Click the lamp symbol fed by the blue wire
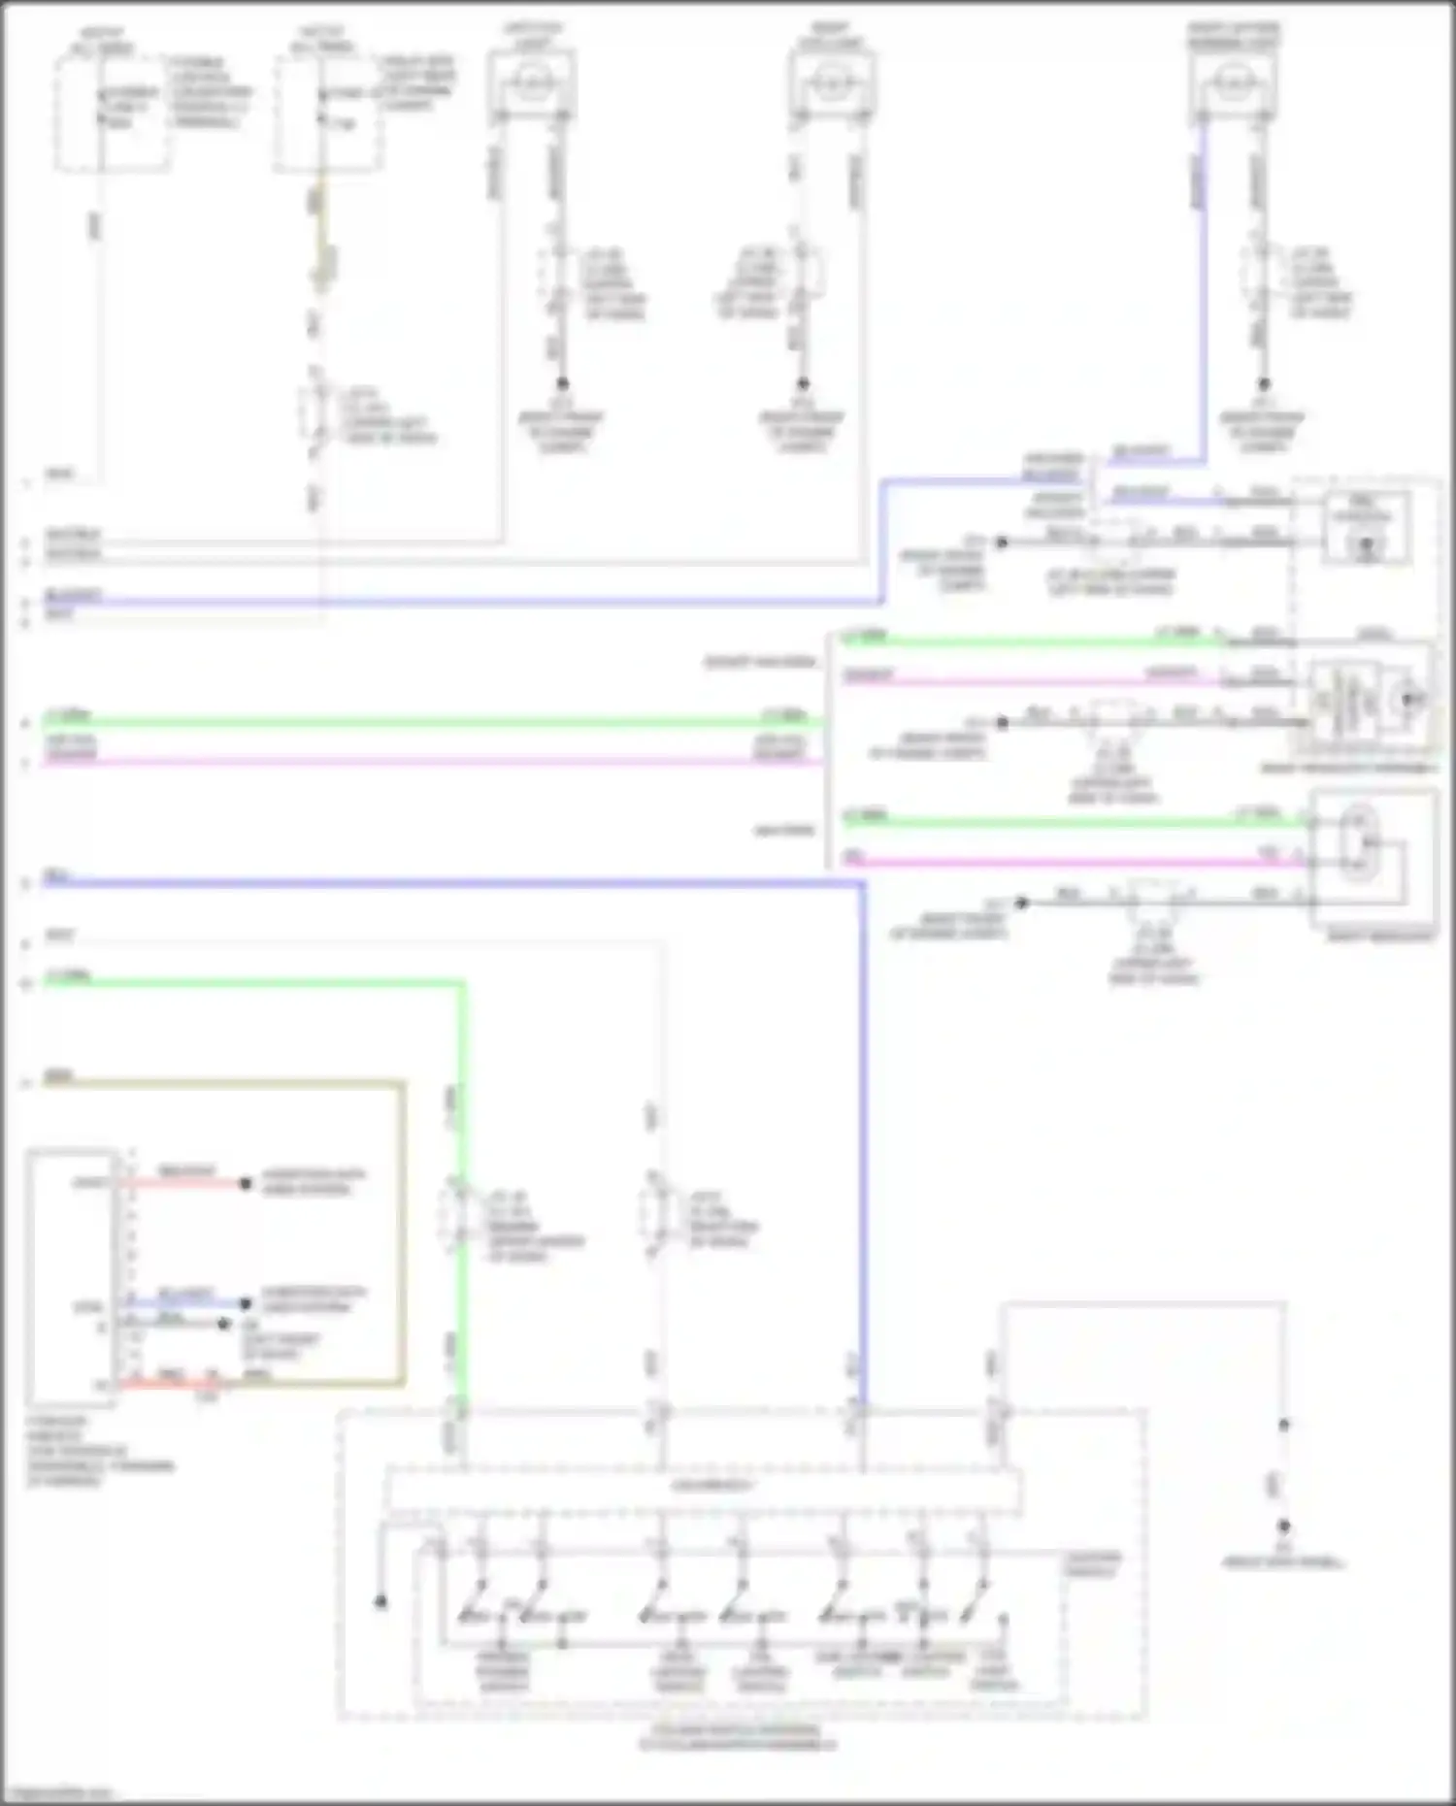click(1232, 83)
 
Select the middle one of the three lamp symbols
click(831, 83)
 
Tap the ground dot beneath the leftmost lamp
click(561, 383)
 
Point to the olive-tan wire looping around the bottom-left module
click(401, 1232)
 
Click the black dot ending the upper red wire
click(246, 1184)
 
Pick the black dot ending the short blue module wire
click(246, 1303)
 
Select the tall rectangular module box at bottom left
click(73, 1276)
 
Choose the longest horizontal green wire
click(427, 721)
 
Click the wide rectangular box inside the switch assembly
click(704, 1490)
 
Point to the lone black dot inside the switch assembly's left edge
click(381, 1601)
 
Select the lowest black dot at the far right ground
click(1283, 1526)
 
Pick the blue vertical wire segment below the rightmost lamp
click(1204, 291)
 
